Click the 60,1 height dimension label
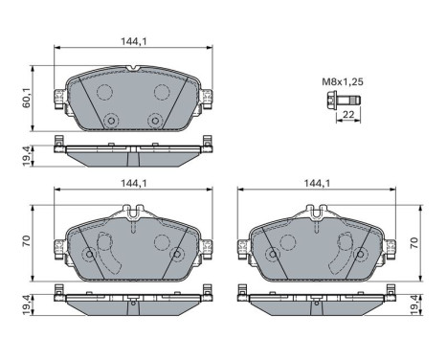point(27,99)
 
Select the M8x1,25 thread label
point(343,82)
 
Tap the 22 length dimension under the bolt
point(348,114)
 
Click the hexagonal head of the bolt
point(332,101)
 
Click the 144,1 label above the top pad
point(133,41)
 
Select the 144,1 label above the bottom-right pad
point(317,183)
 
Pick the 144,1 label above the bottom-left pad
point(133,183)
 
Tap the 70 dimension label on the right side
point(413,243)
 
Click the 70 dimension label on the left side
point(26,240)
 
